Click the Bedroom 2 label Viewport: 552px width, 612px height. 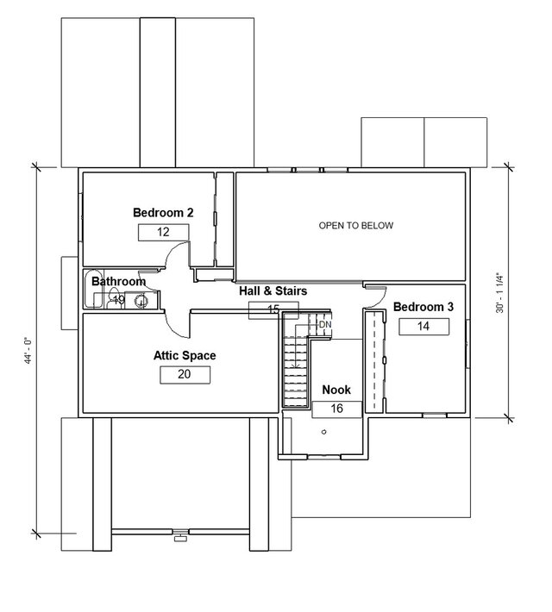coord(162,212)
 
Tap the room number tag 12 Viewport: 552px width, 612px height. coord(162,232)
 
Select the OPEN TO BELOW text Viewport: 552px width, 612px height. coord(355,226)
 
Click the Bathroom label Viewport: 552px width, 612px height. coord(118,282)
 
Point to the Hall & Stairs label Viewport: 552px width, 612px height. coord(273,291)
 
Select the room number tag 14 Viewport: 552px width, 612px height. coord(423,326)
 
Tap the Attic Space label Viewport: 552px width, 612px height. coord(185,355)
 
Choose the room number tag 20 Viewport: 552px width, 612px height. coord(185,374)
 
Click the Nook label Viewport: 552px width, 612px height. coord(336,390)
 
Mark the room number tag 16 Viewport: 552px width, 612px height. coord(336,409)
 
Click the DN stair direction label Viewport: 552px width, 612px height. coord(324,325)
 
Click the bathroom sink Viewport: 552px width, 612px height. coord(140,301)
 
